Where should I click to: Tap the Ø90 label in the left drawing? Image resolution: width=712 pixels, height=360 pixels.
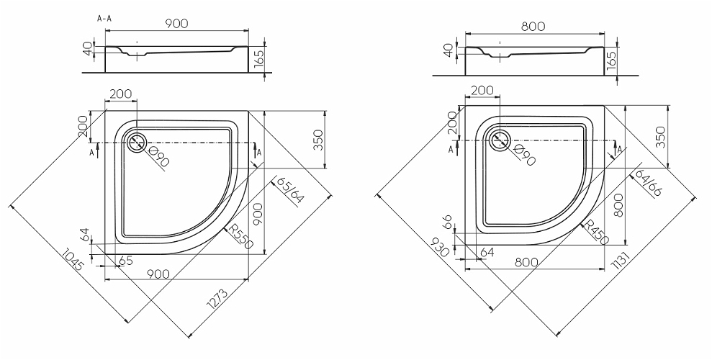coord(159,156)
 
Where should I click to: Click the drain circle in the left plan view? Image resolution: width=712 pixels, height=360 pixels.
coord(135,142)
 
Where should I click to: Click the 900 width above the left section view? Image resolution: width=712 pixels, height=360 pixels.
coord(176,24)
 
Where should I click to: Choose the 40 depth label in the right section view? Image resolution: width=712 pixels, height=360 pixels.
coord(448,51)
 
